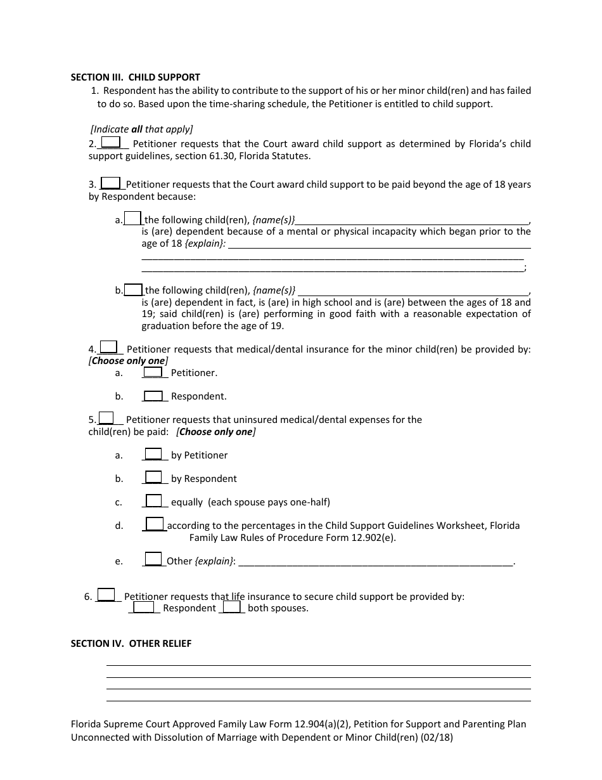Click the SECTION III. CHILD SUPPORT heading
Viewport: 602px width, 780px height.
point(135,77)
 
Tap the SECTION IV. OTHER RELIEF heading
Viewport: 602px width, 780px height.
point(131,643)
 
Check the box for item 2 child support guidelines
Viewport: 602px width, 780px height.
point(111,143)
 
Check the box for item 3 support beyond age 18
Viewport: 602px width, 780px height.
point(111,183)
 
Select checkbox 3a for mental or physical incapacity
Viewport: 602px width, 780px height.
point(132,218)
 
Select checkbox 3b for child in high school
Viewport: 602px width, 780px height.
point(133,289)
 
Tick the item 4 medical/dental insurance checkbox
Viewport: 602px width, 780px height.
point(109,347)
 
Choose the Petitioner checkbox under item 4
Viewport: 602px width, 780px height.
point(153,372)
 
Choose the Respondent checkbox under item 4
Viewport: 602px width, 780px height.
point(153,396)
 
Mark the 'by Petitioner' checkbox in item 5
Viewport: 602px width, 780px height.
point(153,453)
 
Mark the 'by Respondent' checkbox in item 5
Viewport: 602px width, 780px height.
point(153,477)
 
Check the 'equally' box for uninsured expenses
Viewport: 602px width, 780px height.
point(154,500)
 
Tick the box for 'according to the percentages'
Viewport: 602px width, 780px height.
point(155,524)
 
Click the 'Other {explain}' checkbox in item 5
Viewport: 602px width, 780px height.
point(153,559)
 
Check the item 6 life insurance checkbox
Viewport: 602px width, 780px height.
point(106,594)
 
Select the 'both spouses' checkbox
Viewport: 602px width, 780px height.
point(232,606)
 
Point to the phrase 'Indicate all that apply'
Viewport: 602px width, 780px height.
point(142,129)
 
